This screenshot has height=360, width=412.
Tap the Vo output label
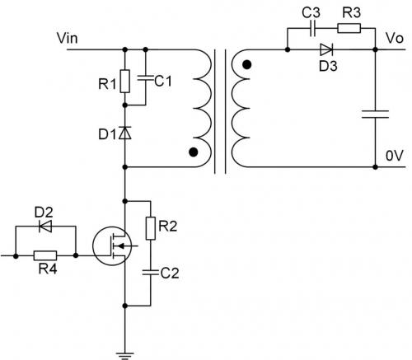pos(394,39)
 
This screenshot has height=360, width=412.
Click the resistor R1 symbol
pos(124,81)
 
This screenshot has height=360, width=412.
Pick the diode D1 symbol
pos(124,132)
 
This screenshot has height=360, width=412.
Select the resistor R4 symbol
pos(45,256)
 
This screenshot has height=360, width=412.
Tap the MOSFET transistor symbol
pos(112,245)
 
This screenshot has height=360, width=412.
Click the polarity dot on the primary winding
pos(194,152)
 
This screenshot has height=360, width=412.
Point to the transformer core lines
pos(219,111)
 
